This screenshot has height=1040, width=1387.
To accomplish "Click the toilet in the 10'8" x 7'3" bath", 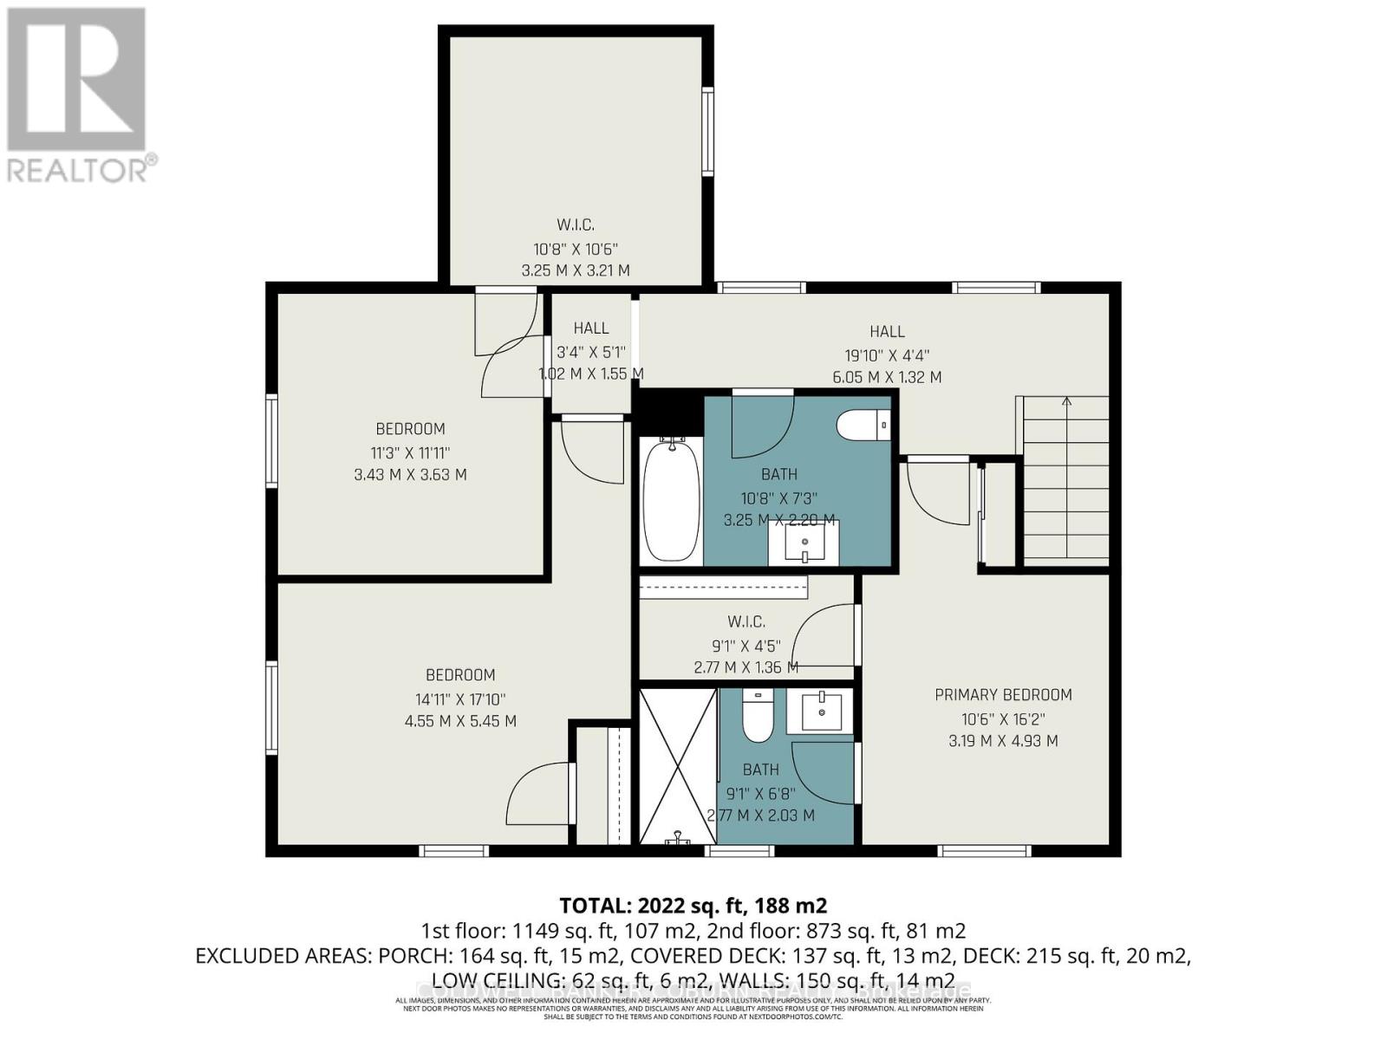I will pyautogui.click(x=863, y=426).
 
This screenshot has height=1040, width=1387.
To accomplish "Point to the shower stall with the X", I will pyautogui.click(x=677, y=764).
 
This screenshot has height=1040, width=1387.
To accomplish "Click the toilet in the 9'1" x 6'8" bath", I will pyautogui.click(x=758, y=718).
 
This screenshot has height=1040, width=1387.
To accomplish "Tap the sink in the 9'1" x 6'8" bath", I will pyautogui.click(x=820, y=711).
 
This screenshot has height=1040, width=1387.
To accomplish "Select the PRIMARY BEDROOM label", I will pyautogui.click(x=1003, y=694).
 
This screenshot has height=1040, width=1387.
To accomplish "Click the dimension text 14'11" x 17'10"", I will pyautogui.click(x=460, y=699).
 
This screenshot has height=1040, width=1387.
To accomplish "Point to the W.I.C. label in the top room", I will pyautogui.click(x=576, y=224).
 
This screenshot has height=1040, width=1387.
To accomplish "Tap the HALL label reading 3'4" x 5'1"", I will pyautogui.click(x=591, y=328).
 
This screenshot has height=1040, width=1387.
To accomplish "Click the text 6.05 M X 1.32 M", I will pyautogui.click(x=887, y=377).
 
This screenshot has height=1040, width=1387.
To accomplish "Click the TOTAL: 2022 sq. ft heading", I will pyautogui.click(x=693, y=906).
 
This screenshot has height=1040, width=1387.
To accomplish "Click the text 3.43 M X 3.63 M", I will pyautogui.click(x=410, y=475).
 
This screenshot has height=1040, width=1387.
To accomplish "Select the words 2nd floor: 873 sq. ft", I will pyautogui.click(x=841, y=932).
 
